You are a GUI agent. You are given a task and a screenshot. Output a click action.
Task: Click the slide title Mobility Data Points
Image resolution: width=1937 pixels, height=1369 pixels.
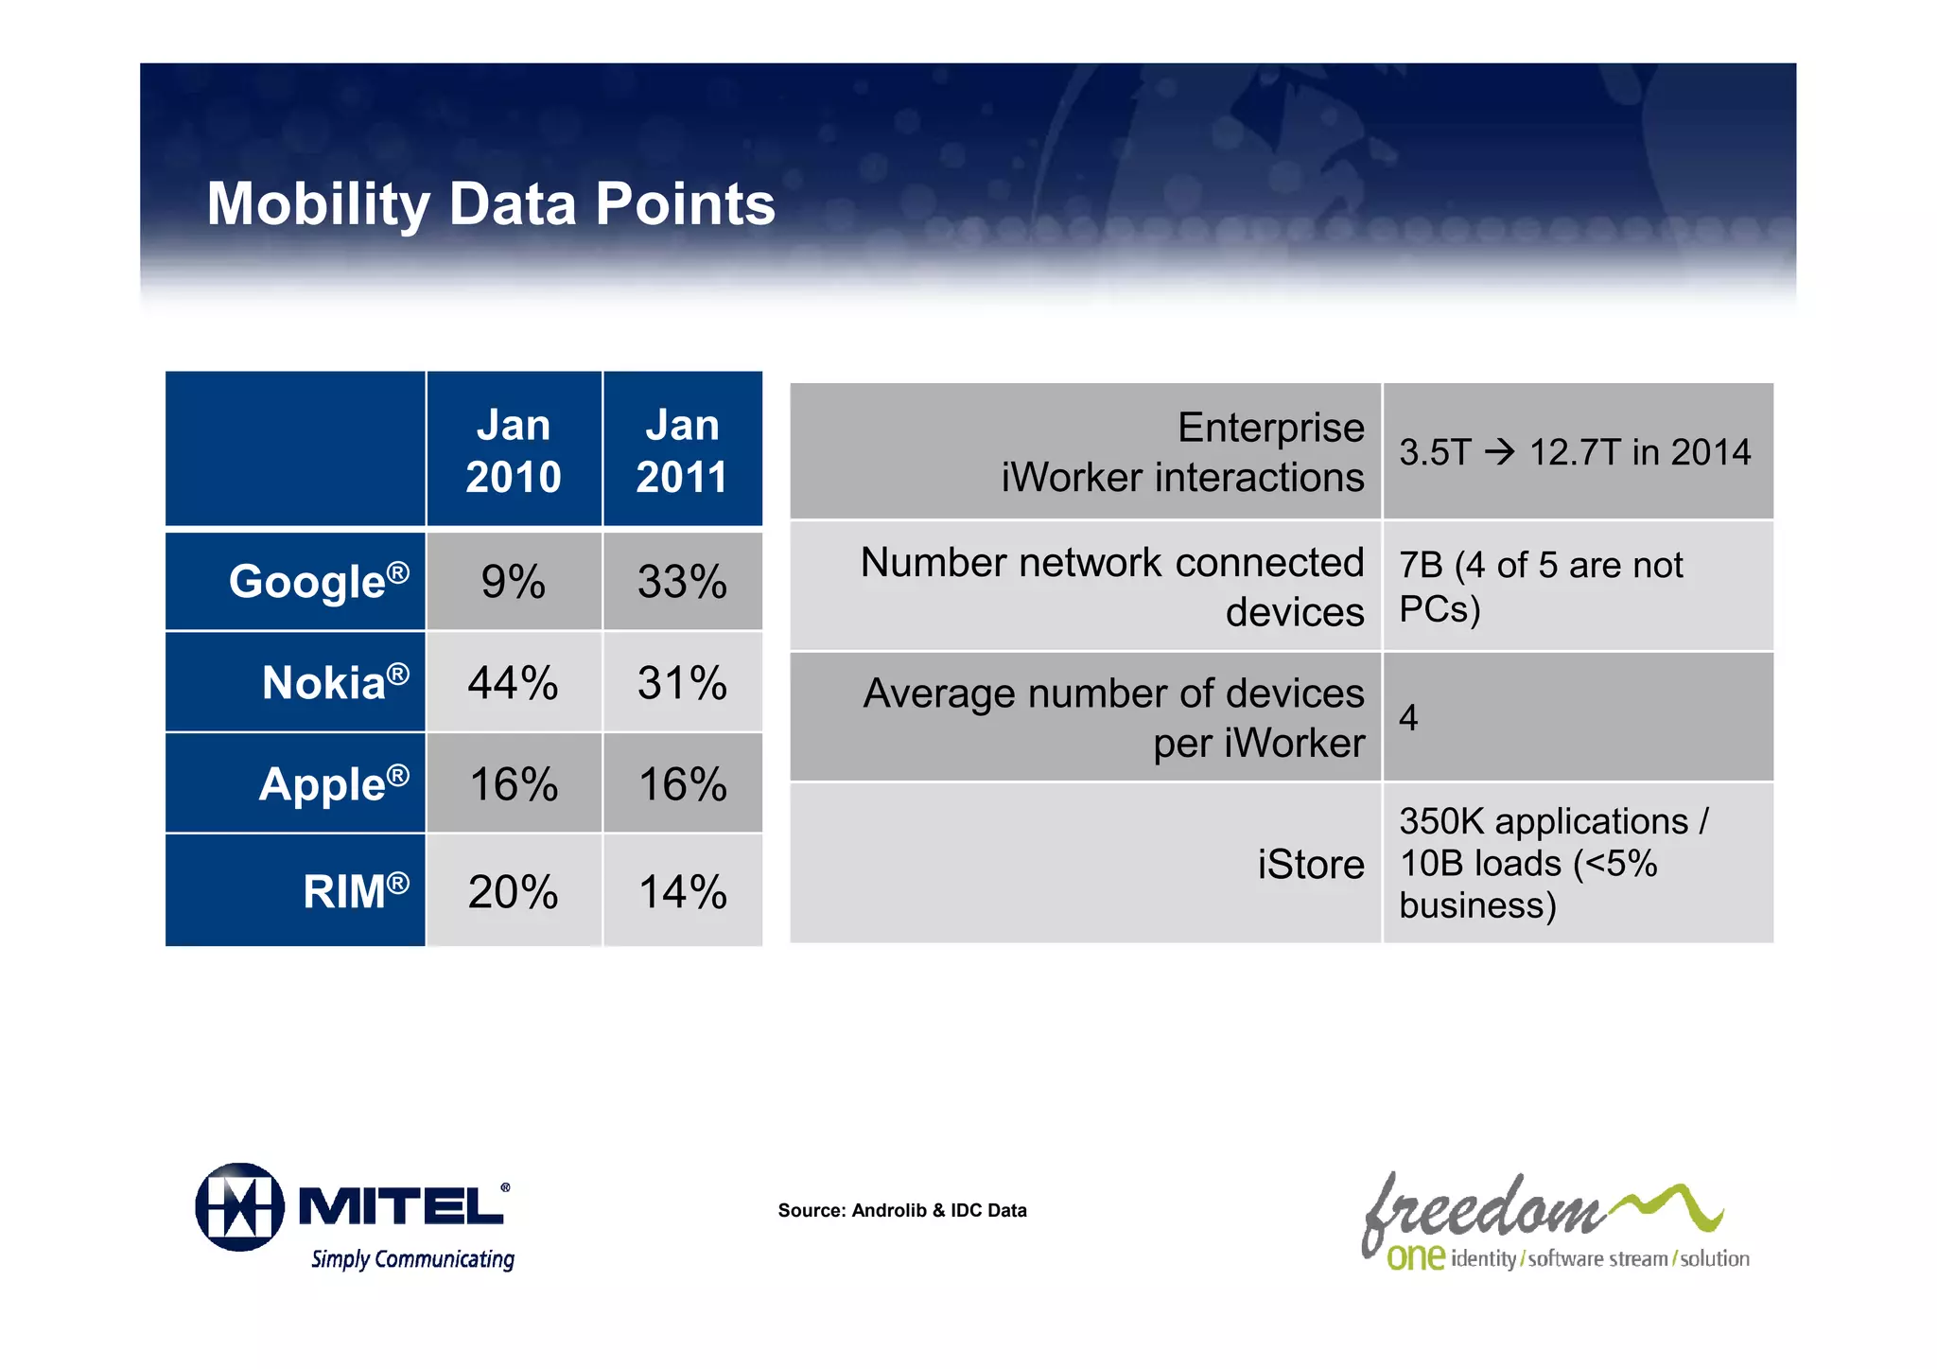490,204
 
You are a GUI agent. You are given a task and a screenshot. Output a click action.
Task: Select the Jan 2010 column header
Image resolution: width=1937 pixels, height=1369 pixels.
513,450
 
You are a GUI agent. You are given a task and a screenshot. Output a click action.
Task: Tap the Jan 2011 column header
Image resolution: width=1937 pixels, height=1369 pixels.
682,450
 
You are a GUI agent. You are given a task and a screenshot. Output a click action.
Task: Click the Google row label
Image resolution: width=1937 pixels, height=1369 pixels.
318,581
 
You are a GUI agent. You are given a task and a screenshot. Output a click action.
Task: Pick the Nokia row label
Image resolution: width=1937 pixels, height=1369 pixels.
335,682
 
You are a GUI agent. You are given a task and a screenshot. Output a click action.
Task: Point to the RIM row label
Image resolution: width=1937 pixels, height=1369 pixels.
355,891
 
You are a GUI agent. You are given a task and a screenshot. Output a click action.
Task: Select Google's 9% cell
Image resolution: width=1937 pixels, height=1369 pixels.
513,582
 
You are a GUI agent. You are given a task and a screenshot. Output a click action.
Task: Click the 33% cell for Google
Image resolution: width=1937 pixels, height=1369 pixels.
682,582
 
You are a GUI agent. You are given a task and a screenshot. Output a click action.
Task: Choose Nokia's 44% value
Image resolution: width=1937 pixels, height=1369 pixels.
513,683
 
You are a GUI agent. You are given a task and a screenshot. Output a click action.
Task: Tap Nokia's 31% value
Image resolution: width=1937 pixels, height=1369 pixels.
682,683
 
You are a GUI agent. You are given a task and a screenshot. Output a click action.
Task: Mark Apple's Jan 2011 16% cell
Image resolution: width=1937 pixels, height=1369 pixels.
682,784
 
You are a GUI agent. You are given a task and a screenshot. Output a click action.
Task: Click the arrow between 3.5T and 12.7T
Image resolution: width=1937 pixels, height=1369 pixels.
1500,452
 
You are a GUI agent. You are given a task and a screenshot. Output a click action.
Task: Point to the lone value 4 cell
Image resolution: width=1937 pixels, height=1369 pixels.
1408,718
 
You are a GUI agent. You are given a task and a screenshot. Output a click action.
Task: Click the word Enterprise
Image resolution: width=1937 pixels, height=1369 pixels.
1270,428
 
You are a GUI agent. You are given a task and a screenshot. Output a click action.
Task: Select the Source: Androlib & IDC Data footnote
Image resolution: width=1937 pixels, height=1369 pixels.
901,1210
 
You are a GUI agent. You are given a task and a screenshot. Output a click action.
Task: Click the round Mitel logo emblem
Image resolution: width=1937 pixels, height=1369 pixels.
239,1207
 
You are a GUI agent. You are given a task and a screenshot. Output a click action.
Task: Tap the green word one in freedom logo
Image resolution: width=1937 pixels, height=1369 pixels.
1415,1257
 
